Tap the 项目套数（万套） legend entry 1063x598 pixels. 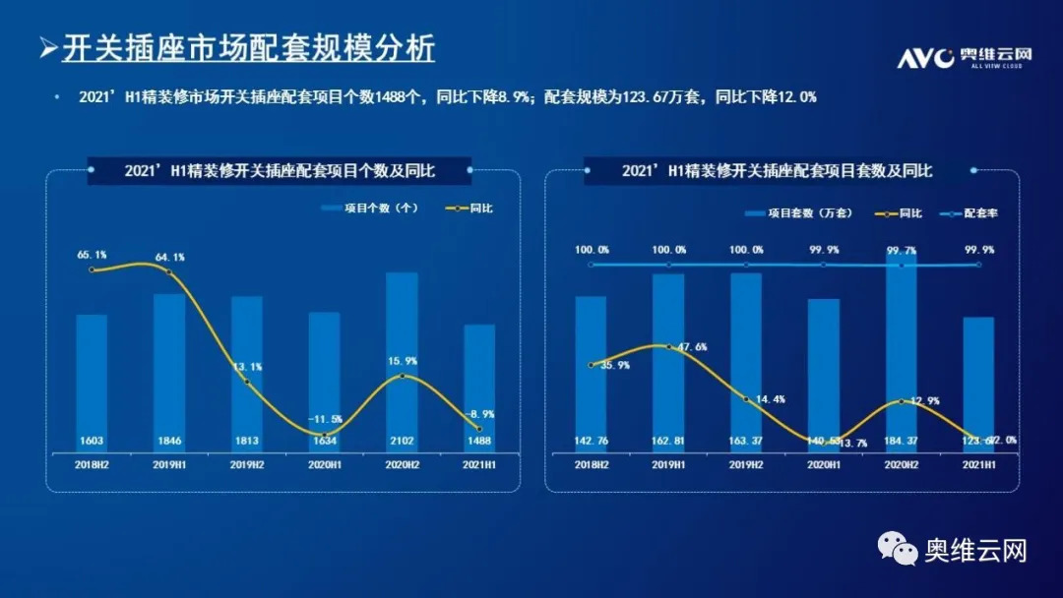(810, 212)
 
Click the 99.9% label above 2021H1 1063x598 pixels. (978, 250)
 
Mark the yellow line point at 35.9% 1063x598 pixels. (591, 365)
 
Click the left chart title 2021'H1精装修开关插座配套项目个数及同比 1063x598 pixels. (281, 170)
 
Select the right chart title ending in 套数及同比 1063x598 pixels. (778, 170)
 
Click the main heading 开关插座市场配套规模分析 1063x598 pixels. (248, 49)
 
